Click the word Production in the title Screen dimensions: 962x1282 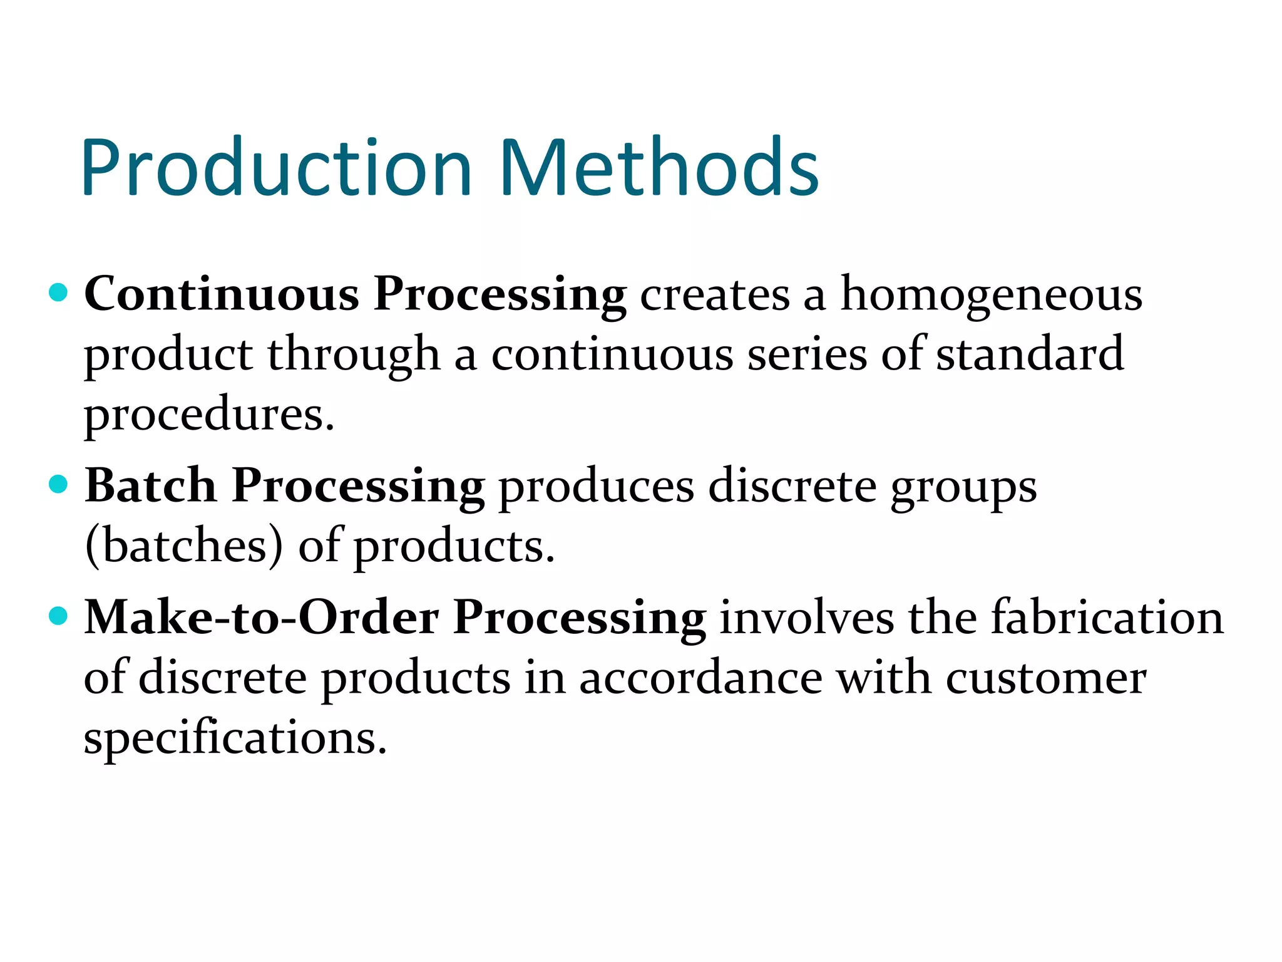276,167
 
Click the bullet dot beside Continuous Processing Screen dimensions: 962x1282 58,292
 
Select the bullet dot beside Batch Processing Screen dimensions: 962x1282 58,484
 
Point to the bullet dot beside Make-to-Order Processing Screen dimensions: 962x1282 58,616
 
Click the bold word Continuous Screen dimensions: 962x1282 222,294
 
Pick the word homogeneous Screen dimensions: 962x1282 991,295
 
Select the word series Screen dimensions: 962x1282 807,354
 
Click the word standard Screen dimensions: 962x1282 1030,354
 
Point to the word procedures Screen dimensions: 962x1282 209,415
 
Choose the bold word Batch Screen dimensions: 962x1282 150,485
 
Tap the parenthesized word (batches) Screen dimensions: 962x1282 184,546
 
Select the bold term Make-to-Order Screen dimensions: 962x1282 261,618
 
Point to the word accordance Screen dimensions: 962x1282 700,678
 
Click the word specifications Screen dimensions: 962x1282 235,738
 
